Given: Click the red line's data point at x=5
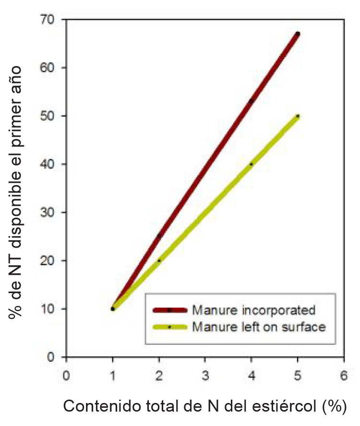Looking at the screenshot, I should (x=298, y=34).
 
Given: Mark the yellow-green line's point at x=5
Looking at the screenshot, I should (x=298, y=116).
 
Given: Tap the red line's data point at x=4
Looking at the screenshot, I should (x=251, y=101).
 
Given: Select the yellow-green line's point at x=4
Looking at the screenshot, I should (x=251, y=164).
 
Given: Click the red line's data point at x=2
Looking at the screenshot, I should (x=159, y=236).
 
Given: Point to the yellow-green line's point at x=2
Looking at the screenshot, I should (x=159, y=260).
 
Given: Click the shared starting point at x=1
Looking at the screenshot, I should (x=113, y=309).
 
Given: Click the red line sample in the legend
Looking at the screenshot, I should (x=169, y=310).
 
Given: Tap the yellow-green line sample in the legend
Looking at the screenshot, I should (x=169, y=327).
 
